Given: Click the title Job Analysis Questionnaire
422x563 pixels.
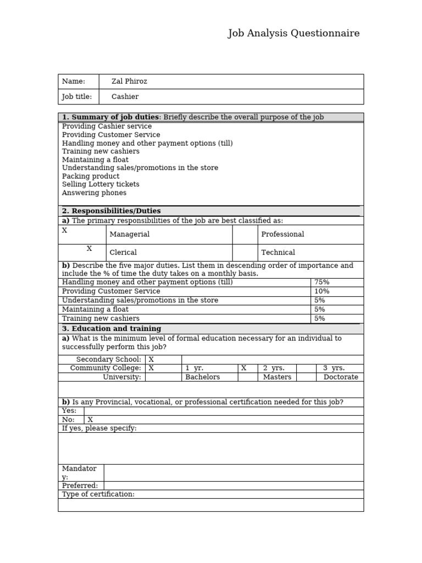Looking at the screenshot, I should (293, 34).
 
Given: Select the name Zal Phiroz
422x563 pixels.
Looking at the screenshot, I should (129, 81).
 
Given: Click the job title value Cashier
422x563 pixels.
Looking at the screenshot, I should (125, 97).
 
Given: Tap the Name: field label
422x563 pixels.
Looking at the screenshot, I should (74, 81).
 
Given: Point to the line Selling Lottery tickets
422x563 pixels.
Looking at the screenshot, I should (101, 184).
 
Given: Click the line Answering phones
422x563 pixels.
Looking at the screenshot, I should (94, 193).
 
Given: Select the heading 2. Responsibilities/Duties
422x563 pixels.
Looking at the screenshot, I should (112, 211).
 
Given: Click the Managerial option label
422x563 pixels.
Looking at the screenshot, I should (130, 234).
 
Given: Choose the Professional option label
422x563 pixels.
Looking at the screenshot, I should (282, 234).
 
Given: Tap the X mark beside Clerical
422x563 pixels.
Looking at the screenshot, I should (89, 249).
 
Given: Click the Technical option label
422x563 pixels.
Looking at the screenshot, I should (278, 252).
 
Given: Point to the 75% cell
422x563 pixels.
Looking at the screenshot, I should (321, 282).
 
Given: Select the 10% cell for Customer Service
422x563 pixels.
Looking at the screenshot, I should (321, 291).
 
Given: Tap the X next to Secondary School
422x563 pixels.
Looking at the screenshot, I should (151, 360).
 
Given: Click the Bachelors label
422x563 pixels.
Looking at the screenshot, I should (202, 377).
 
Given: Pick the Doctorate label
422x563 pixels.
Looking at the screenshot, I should (341, 377).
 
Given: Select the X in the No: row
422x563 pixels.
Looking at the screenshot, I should (90, 420).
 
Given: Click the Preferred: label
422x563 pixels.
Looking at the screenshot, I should (80, 485).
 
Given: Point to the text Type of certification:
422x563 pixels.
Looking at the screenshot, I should (98, 494).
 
